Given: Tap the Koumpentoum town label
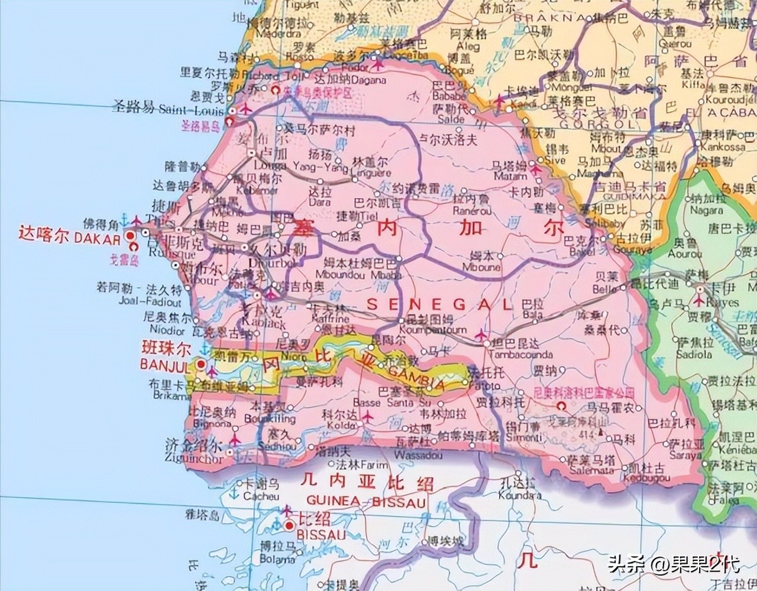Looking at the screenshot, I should tap(425, 331).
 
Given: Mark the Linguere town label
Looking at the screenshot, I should tap(371, 173).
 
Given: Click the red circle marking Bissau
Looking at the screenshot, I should tap(289, 525).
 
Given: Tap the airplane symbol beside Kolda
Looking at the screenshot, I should tap(364, 417).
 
